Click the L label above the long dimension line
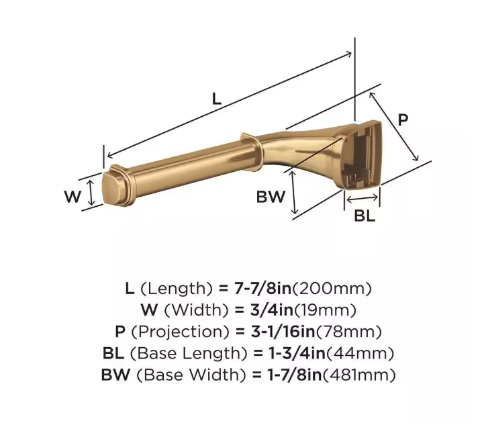215,99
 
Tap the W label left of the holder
73,197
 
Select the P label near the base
403,120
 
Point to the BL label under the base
365,216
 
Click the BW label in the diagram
271,197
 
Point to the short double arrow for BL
363,198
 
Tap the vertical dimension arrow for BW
293,193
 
